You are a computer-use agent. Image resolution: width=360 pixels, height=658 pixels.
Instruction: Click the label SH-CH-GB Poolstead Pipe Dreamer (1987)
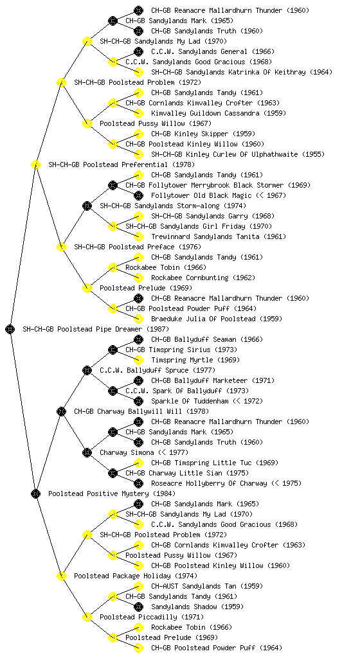(96, 329)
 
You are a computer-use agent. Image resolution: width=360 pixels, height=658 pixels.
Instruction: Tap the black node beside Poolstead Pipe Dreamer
(10, 329)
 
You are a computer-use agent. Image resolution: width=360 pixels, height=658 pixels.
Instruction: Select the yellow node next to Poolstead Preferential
(35, 164)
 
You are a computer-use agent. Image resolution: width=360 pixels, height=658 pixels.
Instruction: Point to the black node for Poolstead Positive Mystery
(35, 493)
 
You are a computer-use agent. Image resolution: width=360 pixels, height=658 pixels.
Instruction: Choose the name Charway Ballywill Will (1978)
(141, 411)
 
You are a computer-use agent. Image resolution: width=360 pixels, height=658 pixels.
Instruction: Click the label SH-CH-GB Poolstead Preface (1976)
(138, 247)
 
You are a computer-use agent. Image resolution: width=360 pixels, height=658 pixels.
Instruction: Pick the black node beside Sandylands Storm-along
(87, 206)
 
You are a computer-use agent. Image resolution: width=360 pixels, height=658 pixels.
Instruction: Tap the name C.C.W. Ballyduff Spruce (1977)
(157, 370)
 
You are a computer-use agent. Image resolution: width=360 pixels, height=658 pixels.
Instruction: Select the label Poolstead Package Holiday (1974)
(136, 576)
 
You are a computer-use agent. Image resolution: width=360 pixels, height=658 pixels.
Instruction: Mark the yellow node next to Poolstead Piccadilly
(87, 617)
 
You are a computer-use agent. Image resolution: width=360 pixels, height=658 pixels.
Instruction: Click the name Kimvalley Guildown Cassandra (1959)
(219, 113)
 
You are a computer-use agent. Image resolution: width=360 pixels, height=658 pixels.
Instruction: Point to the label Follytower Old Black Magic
(201, 195)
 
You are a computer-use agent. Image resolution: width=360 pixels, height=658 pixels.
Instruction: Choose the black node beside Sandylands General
(138, 51)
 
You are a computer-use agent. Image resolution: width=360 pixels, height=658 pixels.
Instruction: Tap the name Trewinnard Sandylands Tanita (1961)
(219, 236)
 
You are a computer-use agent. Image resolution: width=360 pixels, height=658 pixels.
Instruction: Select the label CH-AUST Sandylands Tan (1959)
(207, 586)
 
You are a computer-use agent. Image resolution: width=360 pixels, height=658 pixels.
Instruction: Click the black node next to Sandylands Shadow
(138, 607)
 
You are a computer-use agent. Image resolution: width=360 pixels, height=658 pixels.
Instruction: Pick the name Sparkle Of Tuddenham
(190, 401)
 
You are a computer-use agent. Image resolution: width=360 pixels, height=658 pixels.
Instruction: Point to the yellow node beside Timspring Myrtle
(138, 360)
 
